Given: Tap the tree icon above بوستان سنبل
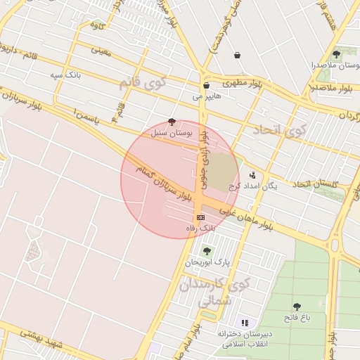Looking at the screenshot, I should pyautogui.click(x=173, y=121).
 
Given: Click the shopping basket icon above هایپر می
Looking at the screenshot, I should pyautogui.click(x=205, y=85).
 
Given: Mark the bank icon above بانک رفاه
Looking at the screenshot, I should pyautogui.click(x=200, y=217).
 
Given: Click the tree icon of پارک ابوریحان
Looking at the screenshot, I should pyautogui.click(x=206, y=251).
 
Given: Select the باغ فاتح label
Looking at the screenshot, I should pyautogui.click(x=296, y=318).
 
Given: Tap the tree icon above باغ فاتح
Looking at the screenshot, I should pyautogui.click(x=296, y=307).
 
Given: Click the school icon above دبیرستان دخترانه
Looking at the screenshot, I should pyautogui.click(x=245, y=321).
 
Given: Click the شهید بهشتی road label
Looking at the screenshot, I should pyautogui.click(x=42, y=339).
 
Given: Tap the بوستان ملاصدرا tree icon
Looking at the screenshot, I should pyautogui.click(x=336, y=54).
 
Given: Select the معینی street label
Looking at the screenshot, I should pyautogui.click(x=102, y=50).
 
